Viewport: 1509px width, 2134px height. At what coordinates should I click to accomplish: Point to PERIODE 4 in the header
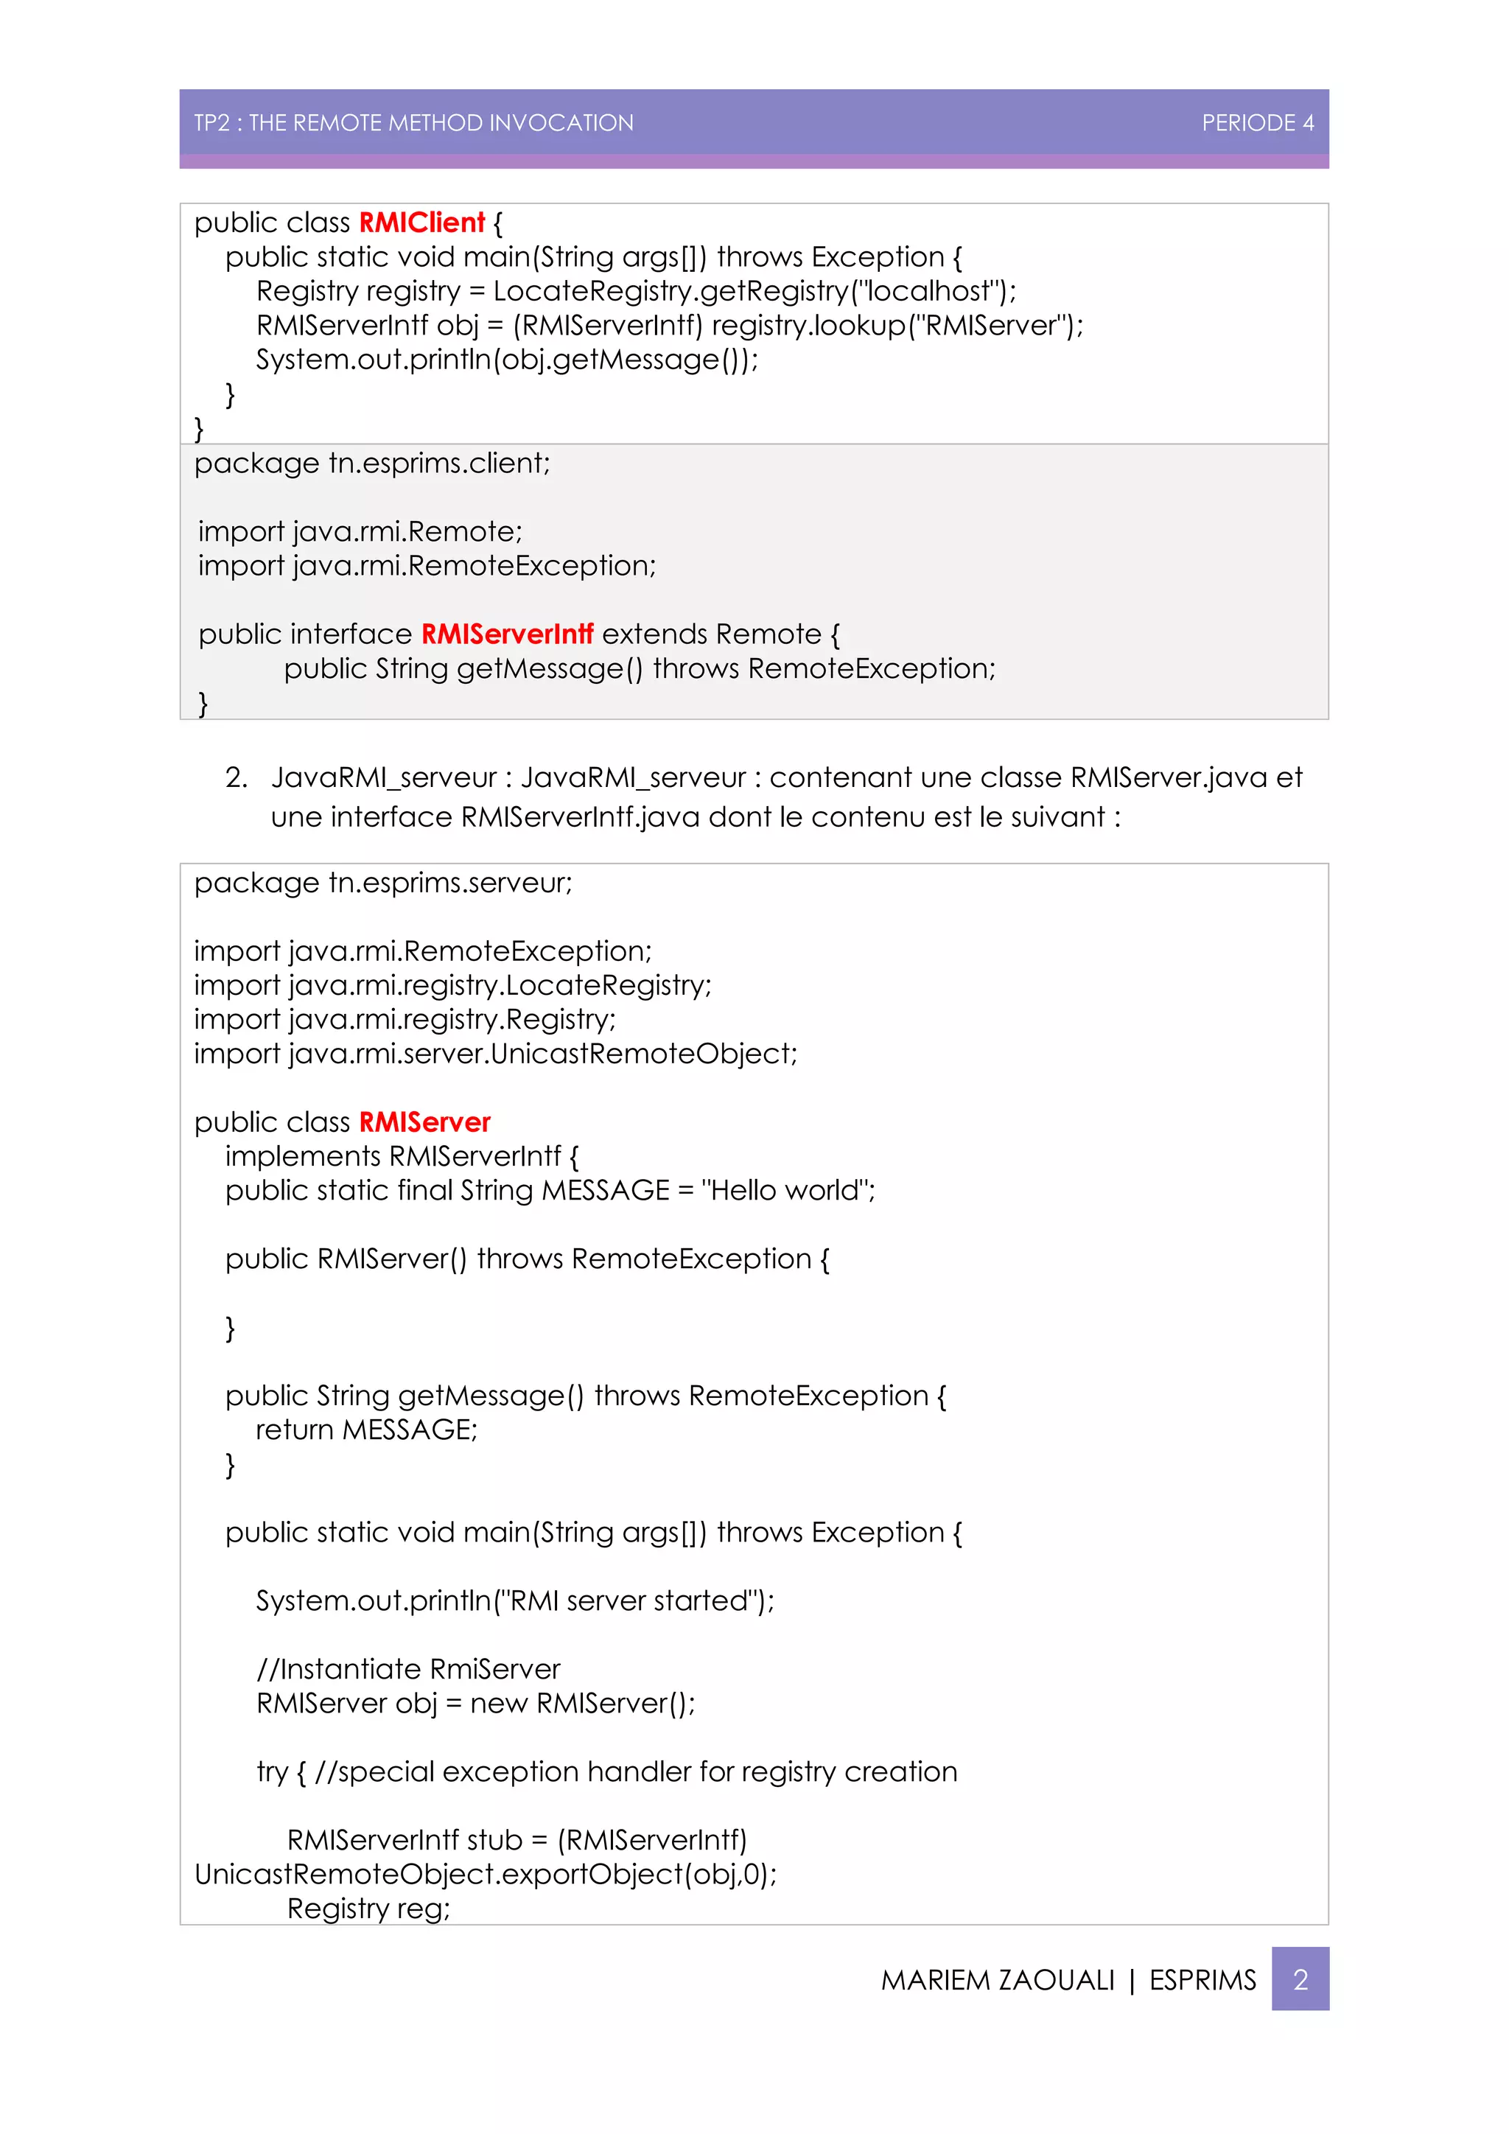click(1257, 122)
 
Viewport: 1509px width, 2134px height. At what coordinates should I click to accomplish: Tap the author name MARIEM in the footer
click(933, 1980)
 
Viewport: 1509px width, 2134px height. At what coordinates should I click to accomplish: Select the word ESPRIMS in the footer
click(1202, 1980)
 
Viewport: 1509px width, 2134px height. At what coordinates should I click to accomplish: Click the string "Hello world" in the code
click(787, 1191)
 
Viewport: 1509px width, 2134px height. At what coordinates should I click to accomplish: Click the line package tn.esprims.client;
click(371, 463)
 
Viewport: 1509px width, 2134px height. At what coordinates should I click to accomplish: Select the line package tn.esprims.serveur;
click(383, 882)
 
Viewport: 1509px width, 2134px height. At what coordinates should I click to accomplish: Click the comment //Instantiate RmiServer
click(408, 1669)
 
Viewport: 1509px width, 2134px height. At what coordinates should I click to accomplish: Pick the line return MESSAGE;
click(366, 1430)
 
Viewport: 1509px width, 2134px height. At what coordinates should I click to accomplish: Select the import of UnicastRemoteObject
click(495, 1054)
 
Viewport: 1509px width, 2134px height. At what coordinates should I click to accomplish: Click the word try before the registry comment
click(272, 1771)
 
